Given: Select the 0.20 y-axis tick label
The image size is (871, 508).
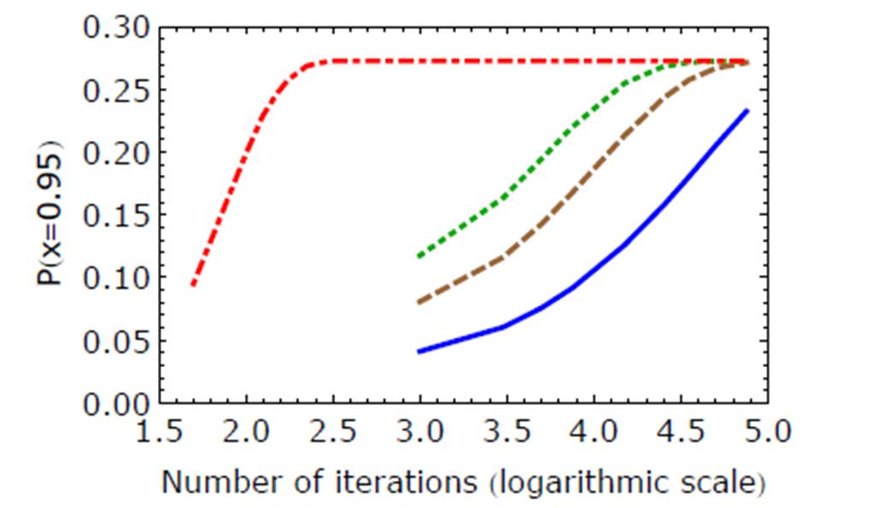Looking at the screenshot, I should tap(117, 154).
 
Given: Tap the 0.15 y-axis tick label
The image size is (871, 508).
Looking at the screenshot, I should tap(117, 216).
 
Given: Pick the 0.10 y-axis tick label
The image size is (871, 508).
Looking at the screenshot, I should tap(117, 278).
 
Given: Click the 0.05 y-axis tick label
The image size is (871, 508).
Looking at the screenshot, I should tap(117, 342).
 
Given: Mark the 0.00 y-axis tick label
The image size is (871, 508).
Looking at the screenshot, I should tap(117, 404).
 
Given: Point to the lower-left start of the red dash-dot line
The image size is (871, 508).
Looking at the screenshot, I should tap(193, 284).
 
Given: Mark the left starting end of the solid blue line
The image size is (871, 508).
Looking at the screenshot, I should tap(418, 352).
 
